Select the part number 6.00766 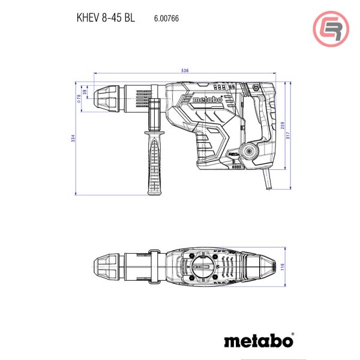(x=166, y=19)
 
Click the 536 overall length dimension (x=185, y=71)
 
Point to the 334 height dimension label (x=73, y=138)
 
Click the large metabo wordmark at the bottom (x=259, y=341)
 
